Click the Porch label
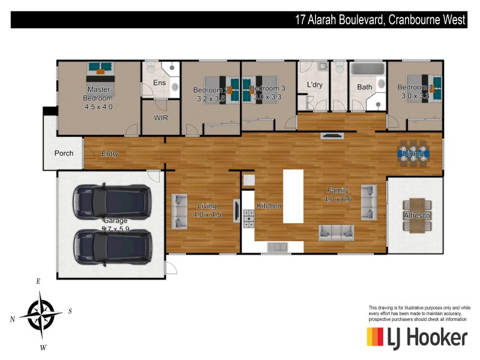point(64,153)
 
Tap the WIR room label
point(161,118)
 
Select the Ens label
point(159,83)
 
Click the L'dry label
point(314,85)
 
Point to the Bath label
point(364,87)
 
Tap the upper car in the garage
point(112,202)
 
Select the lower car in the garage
point(112,247)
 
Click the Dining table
point(413,154)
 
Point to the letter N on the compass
point(12,320)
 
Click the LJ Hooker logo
point(416,337)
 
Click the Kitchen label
point(269,206)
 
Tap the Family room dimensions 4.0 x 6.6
point(337,199)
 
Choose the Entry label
point(110,154)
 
